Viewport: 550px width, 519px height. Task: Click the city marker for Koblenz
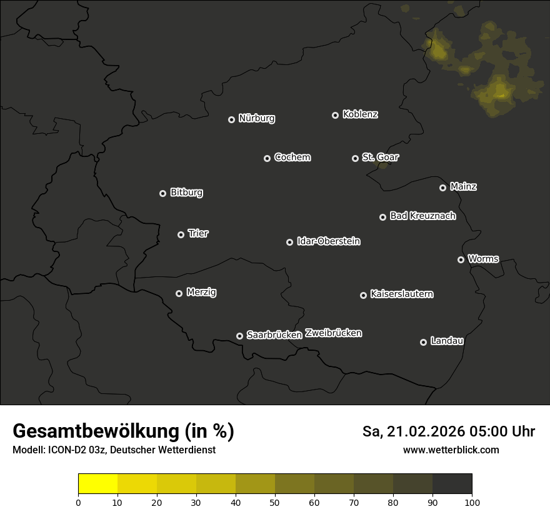pyautogui.click(x=335, y=115)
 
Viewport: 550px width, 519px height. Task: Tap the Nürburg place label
pyautogui.click(x=257, y=118)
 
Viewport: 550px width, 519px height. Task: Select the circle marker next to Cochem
pyautogui.click(x=267, y=158)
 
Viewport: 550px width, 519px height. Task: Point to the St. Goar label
pyautogui.click(x=380, y=158)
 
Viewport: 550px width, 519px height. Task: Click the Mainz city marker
pyautogui.click(x=442, y=188)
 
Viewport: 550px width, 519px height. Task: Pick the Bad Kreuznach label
pyautogui.click(x=422, y=216)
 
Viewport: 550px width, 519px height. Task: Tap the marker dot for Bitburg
pyautogui.click(x=162, y=193)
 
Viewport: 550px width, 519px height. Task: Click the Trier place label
pyautogui.click(x=198, y=233)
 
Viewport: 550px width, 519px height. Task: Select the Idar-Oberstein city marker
pyautogui.click(x=289, y=242)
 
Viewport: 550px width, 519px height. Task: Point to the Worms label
pyautogui.click(x=483, y=258)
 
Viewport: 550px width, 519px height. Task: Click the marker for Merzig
pyautogui.click(x=179, y=293)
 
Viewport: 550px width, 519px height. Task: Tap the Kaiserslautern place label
pyautogui.click(x=402, y=294)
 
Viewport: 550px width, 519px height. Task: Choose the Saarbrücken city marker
pyautogui.click(x=239, y=336)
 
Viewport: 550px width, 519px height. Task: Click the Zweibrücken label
pyautogui.click(x=334, y=333)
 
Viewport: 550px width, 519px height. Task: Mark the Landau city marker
pyautogui.click(x=423, y=342)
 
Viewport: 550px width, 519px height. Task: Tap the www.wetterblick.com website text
pyautogui.click(x=451, y=450)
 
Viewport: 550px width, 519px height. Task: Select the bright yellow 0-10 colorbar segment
pyautogui.click(x=98, y=484)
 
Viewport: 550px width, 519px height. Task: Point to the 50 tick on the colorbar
pyautogui.click(x=275, y=501)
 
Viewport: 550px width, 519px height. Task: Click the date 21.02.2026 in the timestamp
pyautogui.click(x=427, y=431)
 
